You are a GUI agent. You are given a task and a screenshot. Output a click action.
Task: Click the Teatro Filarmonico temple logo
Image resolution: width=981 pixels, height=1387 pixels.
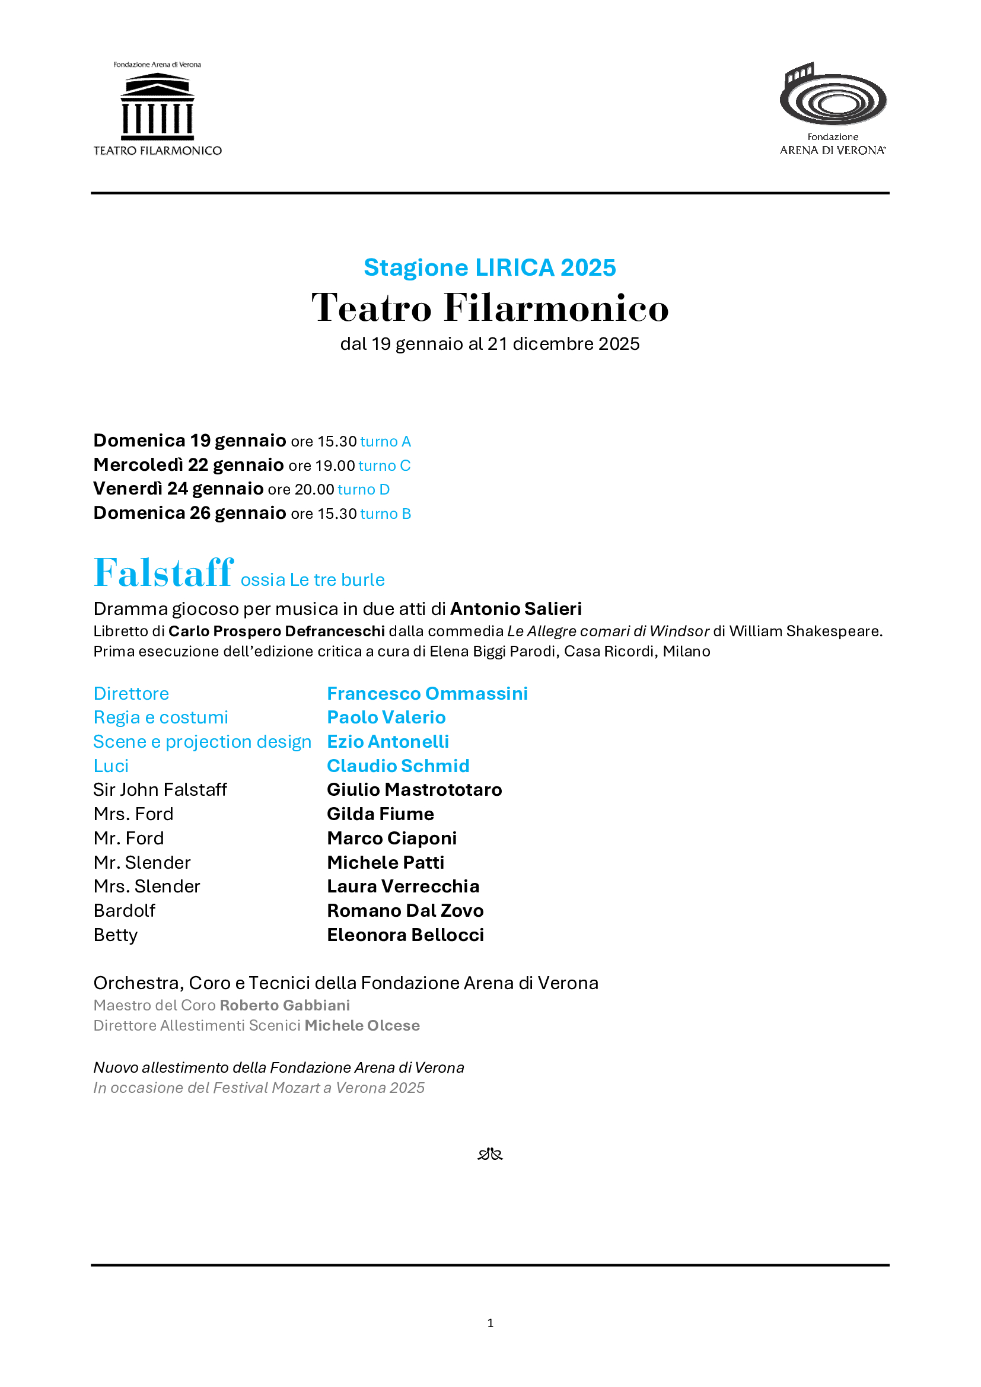coord(157,106)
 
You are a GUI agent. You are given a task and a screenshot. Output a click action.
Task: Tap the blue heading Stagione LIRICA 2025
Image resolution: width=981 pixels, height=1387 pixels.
coord(489,267)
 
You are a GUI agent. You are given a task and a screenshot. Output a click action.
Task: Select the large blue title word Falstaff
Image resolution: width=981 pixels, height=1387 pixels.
coord(163,573)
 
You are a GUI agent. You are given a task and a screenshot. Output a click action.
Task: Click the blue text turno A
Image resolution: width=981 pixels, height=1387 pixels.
coord(386,442)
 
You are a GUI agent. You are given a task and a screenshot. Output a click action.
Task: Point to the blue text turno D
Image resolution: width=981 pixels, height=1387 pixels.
coord(364,489)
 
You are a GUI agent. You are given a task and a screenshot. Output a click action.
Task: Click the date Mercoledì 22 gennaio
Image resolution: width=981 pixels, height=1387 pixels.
coord(189,465)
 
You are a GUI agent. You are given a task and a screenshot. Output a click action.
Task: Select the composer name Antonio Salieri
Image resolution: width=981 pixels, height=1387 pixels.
coord(516,608)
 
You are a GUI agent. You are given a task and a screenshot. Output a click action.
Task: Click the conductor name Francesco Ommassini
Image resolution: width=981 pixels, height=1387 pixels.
coord(427,694)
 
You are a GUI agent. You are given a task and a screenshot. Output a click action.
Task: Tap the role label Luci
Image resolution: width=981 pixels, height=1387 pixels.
coord(111,766)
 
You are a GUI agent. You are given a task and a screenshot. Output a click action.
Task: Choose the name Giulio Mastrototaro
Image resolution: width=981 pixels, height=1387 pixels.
coord(415,789)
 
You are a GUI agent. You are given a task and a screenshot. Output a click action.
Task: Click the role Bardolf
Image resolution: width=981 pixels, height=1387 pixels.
coord(125,910)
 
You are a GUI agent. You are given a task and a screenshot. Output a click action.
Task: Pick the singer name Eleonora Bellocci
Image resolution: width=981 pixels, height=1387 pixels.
coord(405,935)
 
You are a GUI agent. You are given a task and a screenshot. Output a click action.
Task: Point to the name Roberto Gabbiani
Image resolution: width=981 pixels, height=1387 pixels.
coord(285,1005)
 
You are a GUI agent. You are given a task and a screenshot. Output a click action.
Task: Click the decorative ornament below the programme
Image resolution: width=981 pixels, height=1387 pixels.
coord(490,1155)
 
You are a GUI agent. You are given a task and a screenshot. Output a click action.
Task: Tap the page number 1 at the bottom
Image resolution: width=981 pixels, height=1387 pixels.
coord(490,1323)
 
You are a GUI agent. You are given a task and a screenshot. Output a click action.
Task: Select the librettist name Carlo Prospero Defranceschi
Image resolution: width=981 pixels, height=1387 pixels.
coord(276,632)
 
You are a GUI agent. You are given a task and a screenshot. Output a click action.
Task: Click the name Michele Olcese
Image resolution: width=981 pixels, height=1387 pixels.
coord(362,1025)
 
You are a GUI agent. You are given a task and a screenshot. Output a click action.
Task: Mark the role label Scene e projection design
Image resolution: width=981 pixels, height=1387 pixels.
coord(202,742)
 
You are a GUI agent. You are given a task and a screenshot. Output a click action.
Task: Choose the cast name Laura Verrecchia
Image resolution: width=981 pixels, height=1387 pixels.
coord(403,886)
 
